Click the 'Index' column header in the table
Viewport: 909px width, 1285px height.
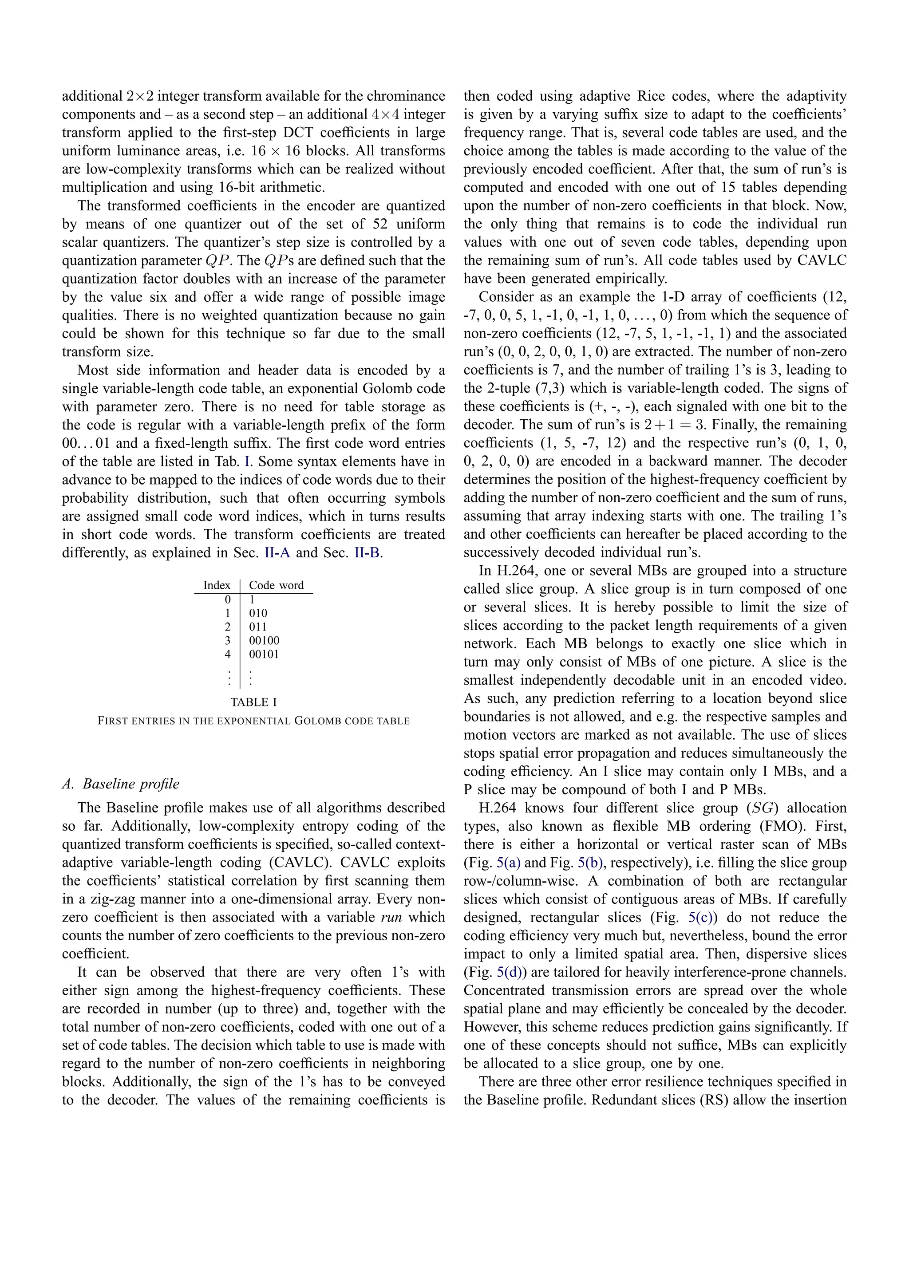tap(217, 585)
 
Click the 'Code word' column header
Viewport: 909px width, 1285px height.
tap(276, 585)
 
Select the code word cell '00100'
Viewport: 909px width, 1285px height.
tap(264, 640)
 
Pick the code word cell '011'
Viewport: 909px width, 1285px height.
tap(257, 627)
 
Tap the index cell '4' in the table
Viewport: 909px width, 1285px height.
tap(227, 654)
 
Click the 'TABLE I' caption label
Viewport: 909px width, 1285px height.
tap(253, 702)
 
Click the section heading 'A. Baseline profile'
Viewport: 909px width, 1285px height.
tap(120, 784)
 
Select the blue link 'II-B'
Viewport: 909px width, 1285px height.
tap(367, 553)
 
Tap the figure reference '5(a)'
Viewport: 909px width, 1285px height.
tap(508, 863)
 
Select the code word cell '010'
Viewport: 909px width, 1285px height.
tap(257, 613)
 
